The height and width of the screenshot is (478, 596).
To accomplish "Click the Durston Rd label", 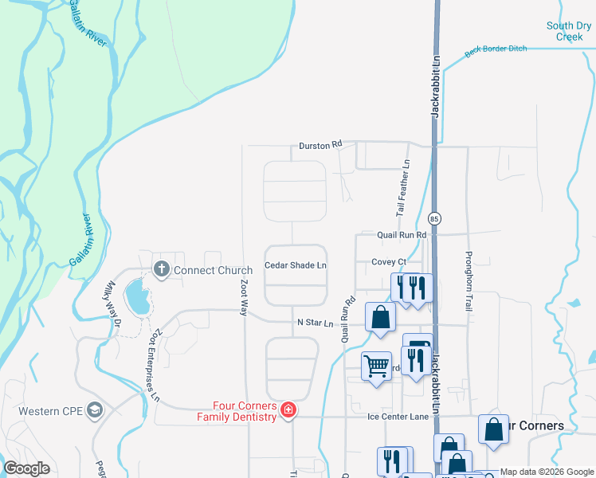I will pos(320,145).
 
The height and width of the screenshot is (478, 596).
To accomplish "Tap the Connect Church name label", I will pos(213,270).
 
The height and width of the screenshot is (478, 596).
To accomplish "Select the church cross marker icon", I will pos(161,269).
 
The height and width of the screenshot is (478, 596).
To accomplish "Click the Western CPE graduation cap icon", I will pos(95,410).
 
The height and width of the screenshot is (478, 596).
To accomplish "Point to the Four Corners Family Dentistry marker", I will pos(288,410).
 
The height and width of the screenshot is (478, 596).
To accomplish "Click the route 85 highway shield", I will pos(434,218).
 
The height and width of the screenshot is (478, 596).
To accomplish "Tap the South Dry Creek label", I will pos(570,31).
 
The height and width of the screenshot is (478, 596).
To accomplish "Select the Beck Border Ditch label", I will pos(496,49).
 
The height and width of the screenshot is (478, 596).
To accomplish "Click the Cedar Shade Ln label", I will pos(296,265).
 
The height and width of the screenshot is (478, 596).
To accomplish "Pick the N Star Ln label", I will pos(315,323).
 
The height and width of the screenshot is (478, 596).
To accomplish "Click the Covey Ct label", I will pos(389,261).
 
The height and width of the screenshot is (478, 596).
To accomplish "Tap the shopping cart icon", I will pos(376,366).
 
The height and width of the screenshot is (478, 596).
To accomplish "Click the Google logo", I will pos(26,468).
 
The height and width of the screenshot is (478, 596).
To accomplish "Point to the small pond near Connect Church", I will pos(139,296).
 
